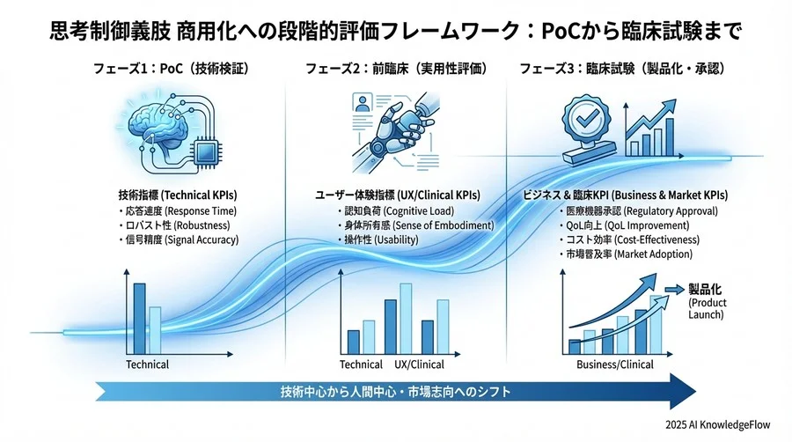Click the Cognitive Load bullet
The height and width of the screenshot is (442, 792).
click(388, 211)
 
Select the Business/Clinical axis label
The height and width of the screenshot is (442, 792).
click(611, 365)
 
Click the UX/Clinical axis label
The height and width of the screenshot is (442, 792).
click(420, 365)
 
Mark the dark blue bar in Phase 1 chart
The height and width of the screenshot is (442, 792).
click(139, 317)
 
